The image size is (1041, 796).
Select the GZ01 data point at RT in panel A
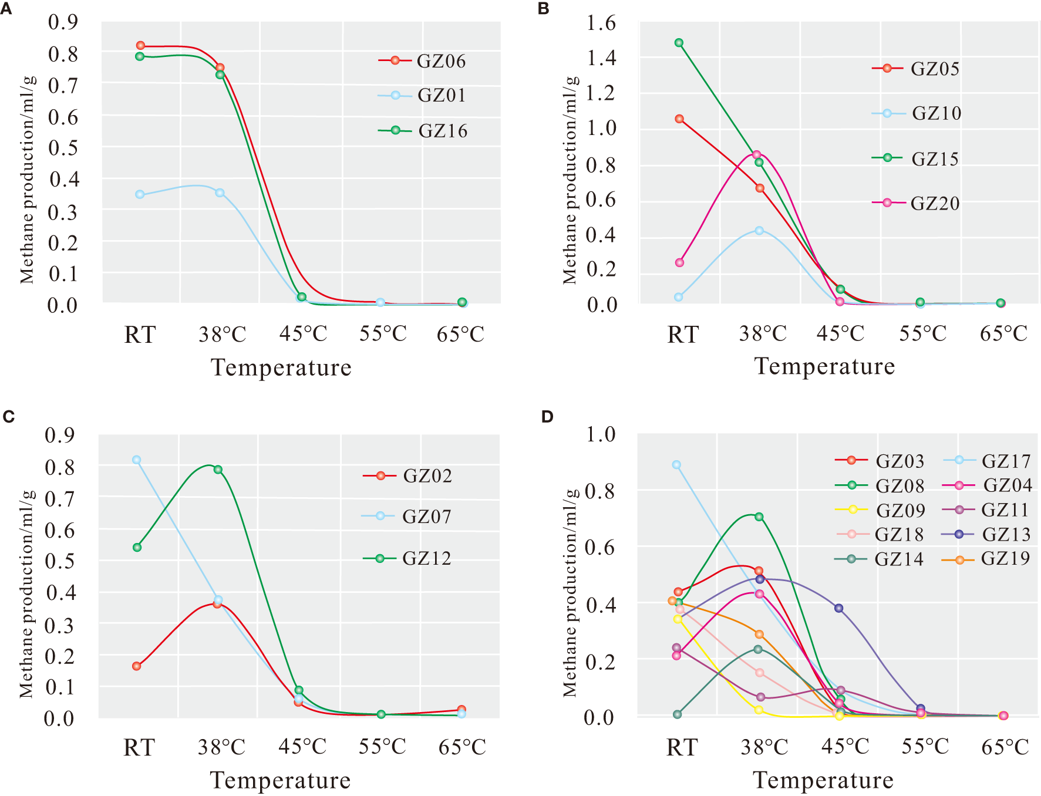(x=140, y=194)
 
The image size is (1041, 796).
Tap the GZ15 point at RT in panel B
(x=679, y=43)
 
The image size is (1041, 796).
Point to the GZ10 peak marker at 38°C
(x=759, y=231)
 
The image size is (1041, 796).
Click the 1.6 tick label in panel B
(x=601, y=23)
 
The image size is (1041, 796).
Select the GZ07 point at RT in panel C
(x=136, y=460)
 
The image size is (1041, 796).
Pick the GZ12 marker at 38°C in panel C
(x=218, y=470)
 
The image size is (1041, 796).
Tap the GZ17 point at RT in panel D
(x=676, y=464)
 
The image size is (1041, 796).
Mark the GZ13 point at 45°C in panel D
(x=839, y=608)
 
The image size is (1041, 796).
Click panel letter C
(x=8, y=417)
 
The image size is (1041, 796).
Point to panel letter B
(x=544, y=9)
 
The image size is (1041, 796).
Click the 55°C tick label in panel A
(x=383, y=334)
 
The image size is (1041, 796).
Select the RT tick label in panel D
(x=682, y=747)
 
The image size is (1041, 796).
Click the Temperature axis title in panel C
(x=280, y=780)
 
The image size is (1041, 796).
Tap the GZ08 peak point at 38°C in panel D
(x=759, y=517)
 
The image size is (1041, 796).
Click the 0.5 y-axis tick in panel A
(x=63, y=148)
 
